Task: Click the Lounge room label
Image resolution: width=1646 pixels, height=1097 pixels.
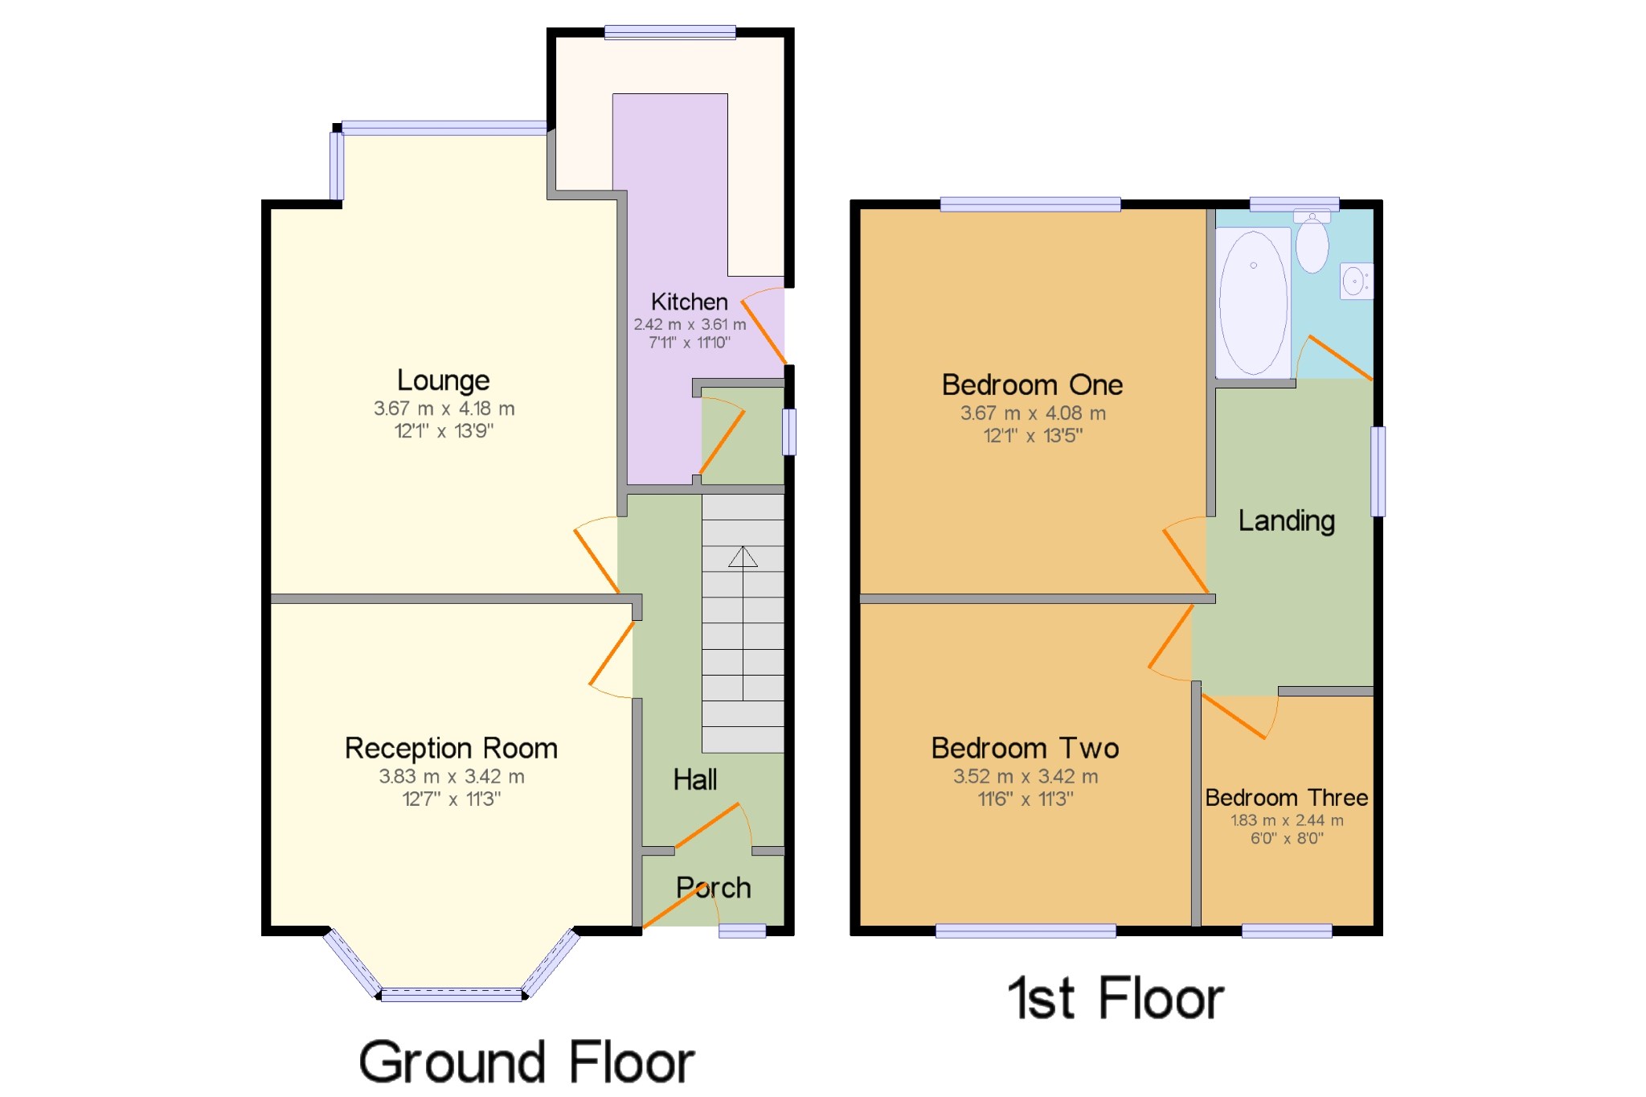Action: [x=443, y=380]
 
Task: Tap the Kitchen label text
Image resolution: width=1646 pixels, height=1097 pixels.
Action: [x=689, y=302]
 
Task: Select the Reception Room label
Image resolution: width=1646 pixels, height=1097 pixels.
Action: [x=451, y=749]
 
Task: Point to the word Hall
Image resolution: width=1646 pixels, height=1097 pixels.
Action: [x=695, y=779]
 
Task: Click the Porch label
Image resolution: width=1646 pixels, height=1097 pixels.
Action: [x=714, y=887]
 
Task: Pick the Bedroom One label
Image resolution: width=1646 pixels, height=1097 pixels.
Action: [x=1032, y=384]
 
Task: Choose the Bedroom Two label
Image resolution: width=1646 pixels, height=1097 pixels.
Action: [x=1025, y=748]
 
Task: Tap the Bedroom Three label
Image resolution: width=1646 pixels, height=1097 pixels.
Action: [x=1286, y=797]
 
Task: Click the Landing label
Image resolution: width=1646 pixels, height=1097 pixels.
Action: [x=1286, y=521]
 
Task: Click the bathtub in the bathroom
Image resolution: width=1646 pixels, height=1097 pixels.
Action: [x=1253, y=302]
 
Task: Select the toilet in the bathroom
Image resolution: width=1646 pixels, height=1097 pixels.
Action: [x=1312, y=243]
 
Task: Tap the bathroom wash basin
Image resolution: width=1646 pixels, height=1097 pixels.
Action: [x=1356, y=281]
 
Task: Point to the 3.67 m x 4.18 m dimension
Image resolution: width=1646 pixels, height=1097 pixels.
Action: [x=444, y=409]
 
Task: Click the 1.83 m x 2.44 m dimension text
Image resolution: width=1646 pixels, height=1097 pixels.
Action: [x=1287, y=820]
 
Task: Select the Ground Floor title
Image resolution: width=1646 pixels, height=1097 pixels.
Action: [x=526, y=1062]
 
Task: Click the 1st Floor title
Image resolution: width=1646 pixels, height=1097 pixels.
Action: [x=1116, y=998]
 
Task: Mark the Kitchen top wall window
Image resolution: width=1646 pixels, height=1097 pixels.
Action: [x=669, y=32]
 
